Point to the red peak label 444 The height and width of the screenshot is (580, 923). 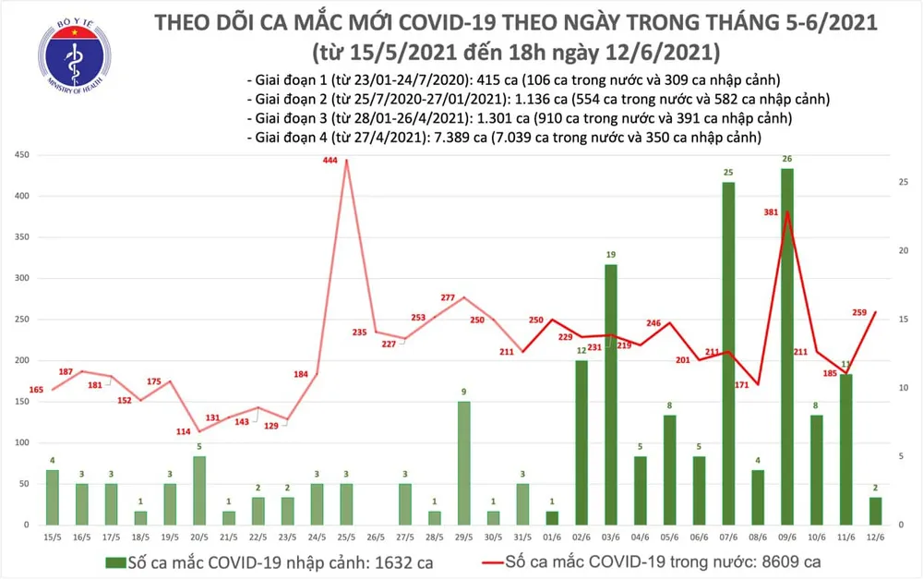[330, 161]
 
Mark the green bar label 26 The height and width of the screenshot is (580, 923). [786, 159]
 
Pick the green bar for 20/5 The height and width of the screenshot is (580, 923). [198, 490]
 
